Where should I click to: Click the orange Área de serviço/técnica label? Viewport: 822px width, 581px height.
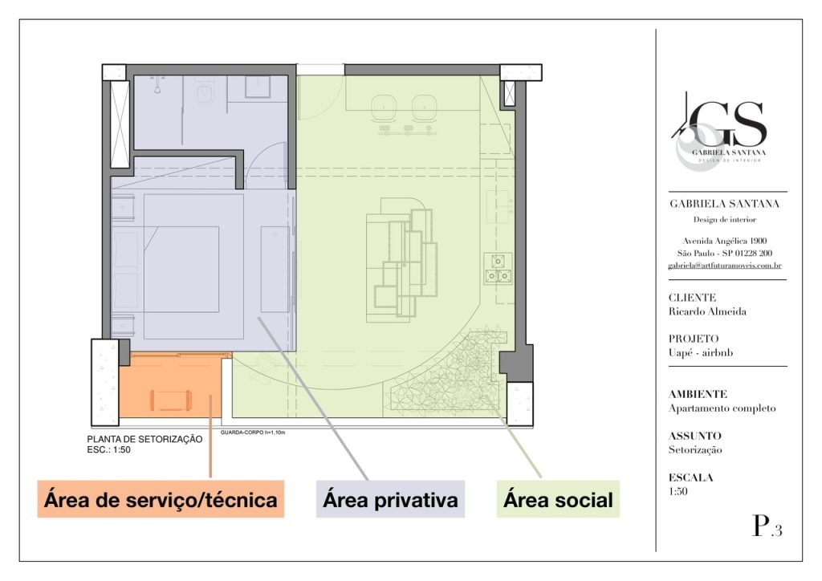pos(161,499)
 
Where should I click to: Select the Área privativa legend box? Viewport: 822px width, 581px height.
pos(390,499)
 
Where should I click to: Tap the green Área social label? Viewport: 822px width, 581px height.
pos(559,499)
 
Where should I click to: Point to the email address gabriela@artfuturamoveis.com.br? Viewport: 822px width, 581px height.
pos(725,266)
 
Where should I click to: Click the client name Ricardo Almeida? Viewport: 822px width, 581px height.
pos(707,311)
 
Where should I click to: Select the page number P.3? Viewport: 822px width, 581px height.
pos(767,526)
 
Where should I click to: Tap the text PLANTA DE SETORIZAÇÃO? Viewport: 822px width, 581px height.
pos(144,440)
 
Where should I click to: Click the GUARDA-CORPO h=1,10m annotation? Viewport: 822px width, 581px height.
pos(253,433)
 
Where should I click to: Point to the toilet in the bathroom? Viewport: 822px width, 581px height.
pos(203,92)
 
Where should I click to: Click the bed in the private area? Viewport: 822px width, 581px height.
pos(193,266)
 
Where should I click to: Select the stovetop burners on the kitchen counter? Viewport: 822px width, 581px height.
pos(498,269)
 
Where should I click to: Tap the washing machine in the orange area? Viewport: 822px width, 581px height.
pos(171,400)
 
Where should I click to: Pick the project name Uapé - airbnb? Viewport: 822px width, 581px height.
pos(700,352)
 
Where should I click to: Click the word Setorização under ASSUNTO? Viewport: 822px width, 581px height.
pos(695,449)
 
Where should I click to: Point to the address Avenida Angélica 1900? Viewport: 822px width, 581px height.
pos(725,241)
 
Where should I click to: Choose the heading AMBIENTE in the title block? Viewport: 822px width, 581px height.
pos(698,394)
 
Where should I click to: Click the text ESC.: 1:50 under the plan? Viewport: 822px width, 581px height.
pos(109,449)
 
